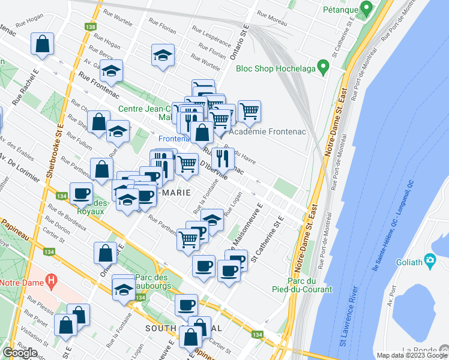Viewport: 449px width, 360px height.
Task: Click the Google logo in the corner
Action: click(x=20, y=353)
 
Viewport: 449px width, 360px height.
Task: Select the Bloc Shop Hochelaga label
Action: click(x=276, y=68)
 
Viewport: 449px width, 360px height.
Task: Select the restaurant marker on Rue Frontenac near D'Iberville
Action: click(x=223, y=158)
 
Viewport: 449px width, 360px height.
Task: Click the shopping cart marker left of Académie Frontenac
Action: click(x=249, y=111)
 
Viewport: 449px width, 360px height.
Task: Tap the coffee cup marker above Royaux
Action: click(x=81, y=193)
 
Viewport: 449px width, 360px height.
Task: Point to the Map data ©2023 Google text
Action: click(x=411, y=355)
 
